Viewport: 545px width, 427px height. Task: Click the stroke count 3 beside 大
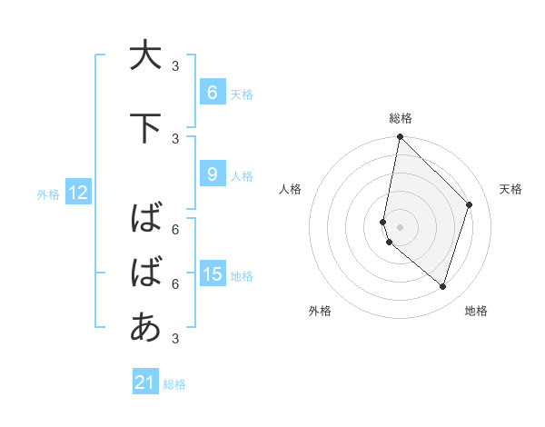pyautogui.click(x=176, y=65)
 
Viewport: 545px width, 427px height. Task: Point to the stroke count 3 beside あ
pyautogui.click(x=176, y=339)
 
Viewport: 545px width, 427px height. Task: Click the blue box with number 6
pyautogui.click(x=212, y=93)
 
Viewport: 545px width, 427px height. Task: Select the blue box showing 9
pyautogui.click(x=212, y=174)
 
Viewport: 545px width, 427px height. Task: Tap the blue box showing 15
pyautogui.click(x=212, y=274)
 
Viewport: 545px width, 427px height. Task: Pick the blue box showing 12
pyautogui.click(x=77, y=193)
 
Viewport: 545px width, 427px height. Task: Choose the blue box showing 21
pyautogui.click(x=145, y=382)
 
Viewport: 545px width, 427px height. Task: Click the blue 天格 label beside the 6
pyautogui.click(x=242, y=94)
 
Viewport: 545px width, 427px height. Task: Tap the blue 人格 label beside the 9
pyautogui.click(x=242, y=175)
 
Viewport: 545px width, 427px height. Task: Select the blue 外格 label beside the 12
pyautogui.click(x=48, y=194)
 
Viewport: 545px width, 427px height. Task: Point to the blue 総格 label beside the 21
pyautogui.click(x=174, y=384)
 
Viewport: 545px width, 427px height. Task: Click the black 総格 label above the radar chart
pyautogui.click(x=401, y=118)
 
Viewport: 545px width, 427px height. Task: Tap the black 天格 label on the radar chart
pyautogui.click(x=511, y=189)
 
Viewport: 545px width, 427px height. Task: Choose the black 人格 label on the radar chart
pyautogui.click(x=290, y=189)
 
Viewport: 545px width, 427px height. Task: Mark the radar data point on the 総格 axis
pyautogui.click(x=400, y=137)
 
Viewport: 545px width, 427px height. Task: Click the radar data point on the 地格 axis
pyautogui.click(x=442, y=287)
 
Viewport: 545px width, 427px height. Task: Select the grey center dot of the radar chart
pyautogui.click(x=400, y=226)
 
